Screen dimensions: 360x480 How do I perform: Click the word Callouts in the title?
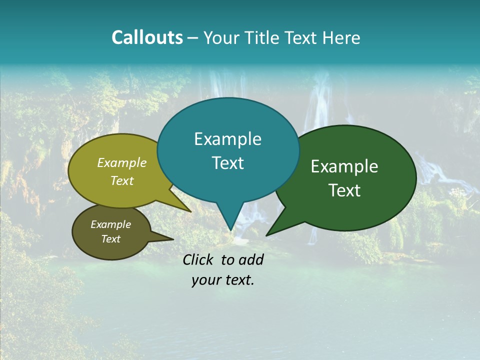[147, 37]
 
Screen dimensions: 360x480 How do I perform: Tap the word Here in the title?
[342, 37]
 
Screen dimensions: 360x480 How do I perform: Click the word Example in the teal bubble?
[227, 139]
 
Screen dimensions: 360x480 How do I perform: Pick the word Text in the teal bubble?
[227, 163]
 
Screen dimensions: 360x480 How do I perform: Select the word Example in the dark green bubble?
[344, 166]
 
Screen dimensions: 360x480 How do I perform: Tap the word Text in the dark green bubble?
[345, 190]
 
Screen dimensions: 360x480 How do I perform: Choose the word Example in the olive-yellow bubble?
[122, 162]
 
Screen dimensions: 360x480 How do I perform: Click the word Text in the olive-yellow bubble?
[122, 180]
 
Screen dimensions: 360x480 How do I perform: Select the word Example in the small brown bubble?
[110, 224]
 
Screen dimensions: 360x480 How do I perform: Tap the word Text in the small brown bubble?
[110, 239]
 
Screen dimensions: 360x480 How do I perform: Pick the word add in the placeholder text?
[251, 259]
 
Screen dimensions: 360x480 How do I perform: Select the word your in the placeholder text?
[205, 280]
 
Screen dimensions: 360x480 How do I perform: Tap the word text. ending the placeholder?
[238, 280]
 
